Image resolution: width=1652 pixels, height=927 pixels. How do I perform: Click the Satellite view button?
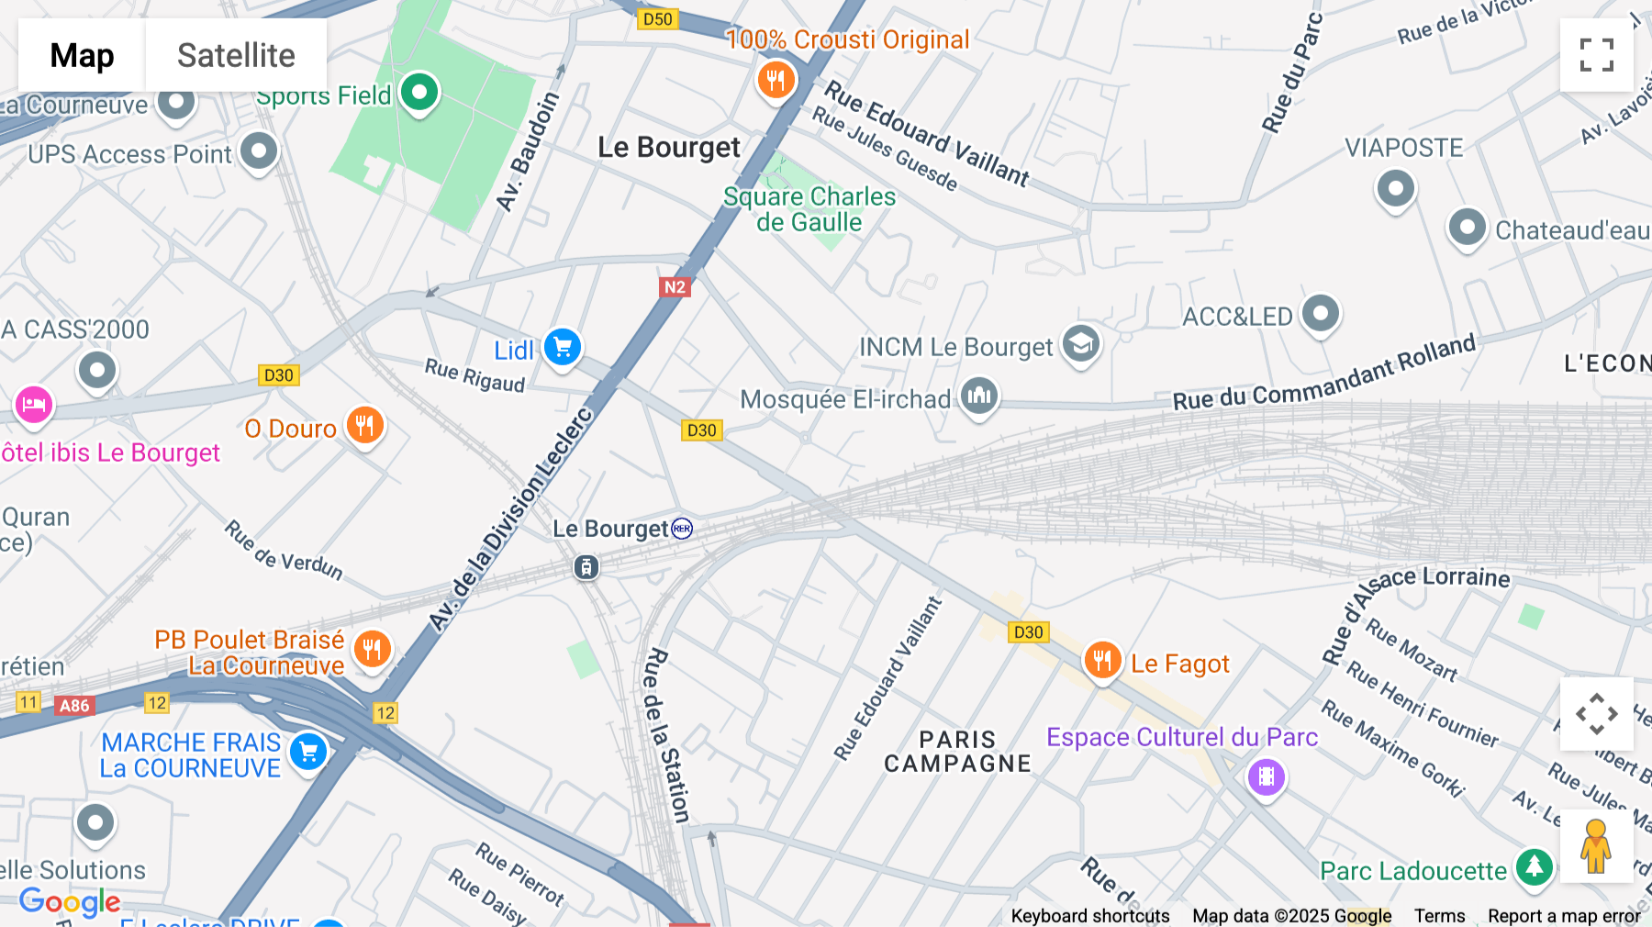pyautogui.click(x=236, y=55)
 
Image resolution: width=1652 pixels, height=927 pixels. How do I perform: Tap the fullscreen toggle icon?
pyautogui.click(x=1596, y=55)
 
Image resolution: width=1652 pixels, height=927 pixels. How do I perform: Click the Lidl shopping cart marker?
pyautogui.click(x=563, y=348)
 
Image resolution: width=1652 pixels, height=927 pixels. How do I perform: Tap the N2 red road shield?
pyautogui.click(x=675, y=287)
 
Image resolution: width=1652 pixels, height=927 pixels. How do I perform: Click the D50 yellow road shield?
pyautogui.click(x=657, y=19)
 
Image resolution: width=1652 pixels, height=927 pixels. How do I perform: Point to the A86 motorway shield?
pyautogui.click(x=74, y=706)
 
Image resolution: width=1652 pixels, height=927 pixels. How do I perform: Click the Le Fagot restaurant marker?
pyautogui.click(x=1102, y=661)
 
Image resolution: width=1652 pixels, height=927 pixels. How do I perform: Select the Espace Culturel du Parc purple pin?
pyautogui.click(x=1266, y=777)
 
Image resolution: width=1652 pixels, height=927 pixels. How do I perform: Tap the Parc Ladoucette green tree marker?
pyautogui.click(x=1534, y=866)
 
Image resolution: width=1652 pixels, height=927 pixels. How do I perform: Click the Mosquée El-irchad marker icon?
pyautogui.click(x=979, y=396)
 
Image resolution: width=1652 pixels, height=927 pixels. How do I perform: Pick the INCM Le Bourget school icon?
pyautogui.click(x=1081, y=344)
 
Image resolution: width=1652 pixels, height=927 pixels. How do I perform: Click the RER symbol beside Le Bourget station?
pyautogui.click(x=682, y=529)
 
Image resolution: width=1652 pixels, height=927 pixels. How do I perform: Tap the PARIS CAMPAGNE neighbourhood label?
pyautogui.click(x=957, y=752)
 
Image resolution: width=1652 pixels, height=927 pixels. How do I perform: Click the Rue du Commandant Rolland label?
pyautogui.click(x=1323, y=374)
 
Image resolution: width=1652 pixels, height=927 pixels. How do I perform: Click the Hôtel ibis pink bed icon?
pyautogui.click(x=34, y=405)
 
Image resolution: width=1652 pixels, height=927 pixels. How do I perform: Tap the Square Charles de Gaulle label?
pyautogui.click(x=809, y=209)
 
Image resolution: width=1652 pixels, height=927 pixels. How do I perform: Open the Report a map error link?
pyautogui.click(x=1563, y=916)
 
